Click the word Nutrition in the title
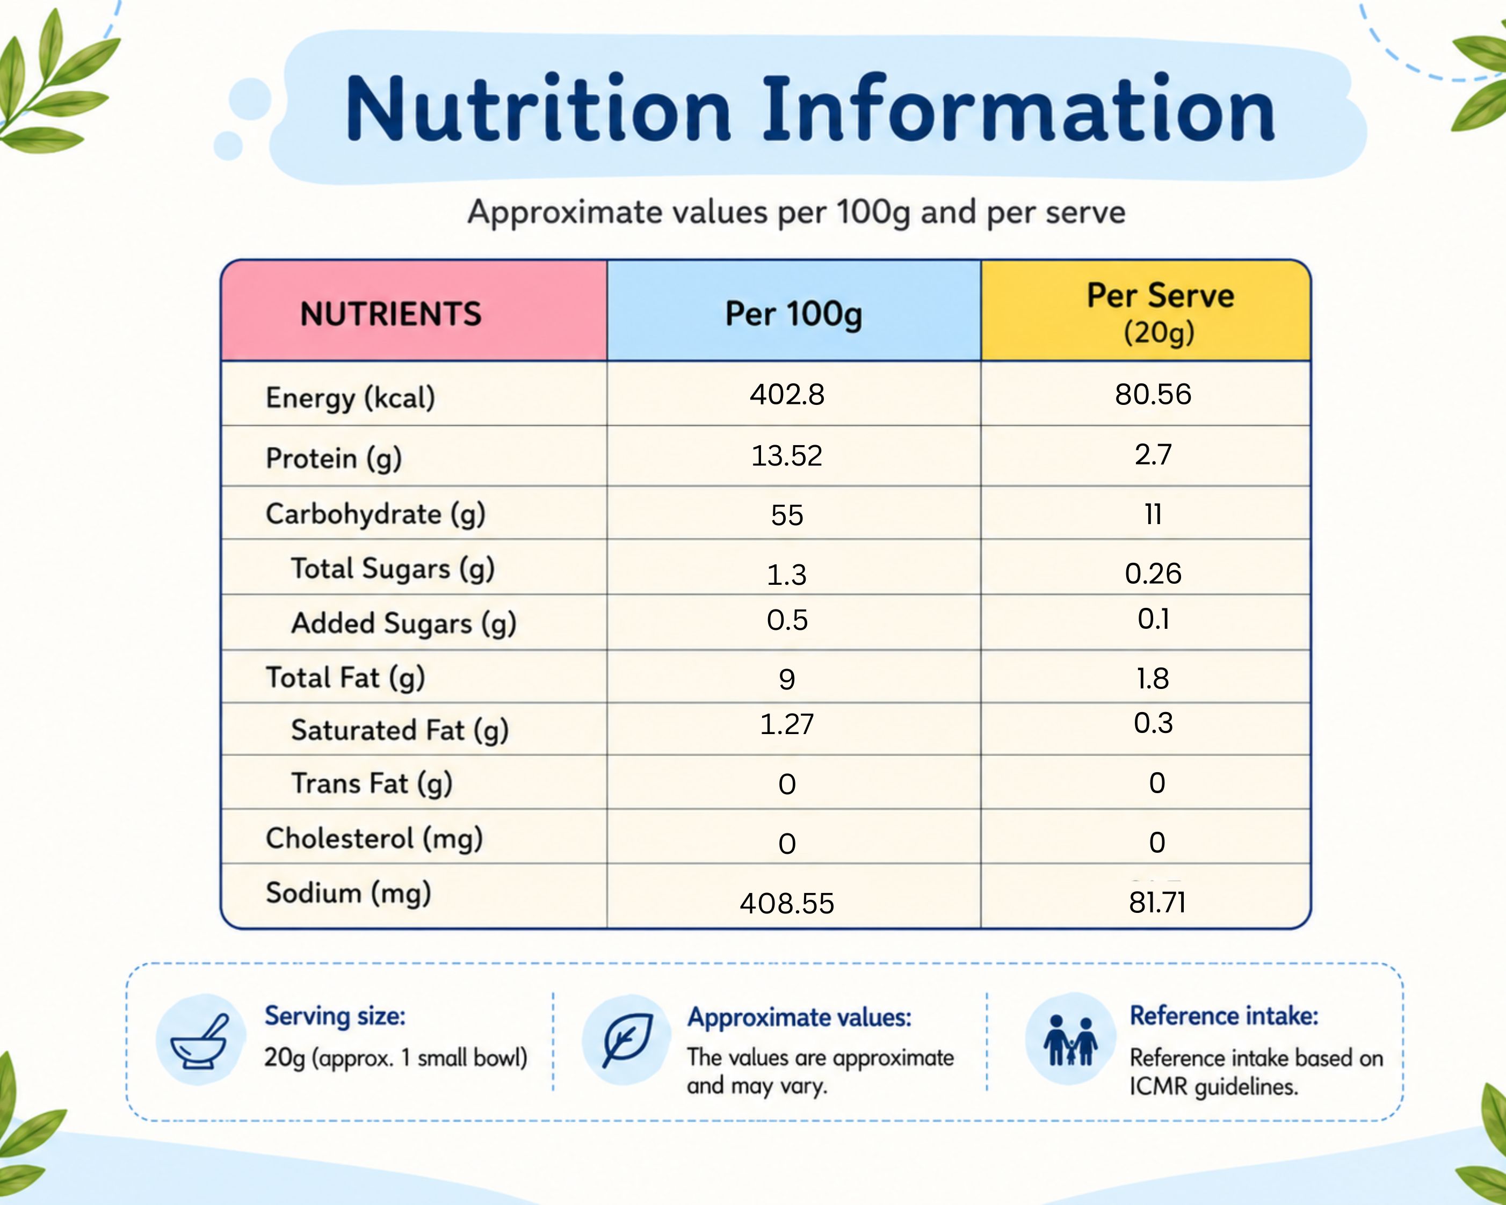pyautogui.click(x=539, y=109)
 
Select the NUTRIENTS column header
pyautogui.click(x=390, y=314)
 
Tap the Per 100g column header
pyautogui.click(x=793, y=314)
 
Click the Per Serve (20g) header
pyautogui.click(x=1160, y=313)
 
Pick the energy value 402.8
pyautogui.click(x=787, y=395)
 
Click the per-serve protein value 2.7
pyautogui.click(x=1153, y=455)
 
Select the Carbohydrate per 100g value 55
pyautogui.click(x=787, y=516)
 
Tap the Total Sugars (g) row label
pyautogui.click(x=393, y=569)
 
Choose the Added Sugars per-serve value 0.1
pyautogui.click(x=1153, y=619)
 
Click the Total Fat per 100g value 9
pyautogui.click(x=787, y=679)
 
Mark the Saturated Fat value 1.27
pyautogui.click(x=787, y=724)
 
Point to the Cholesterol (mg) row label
pyautogui.click(x=374, y=838)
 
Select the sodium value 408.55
pyautogui.click(x=787, y=903)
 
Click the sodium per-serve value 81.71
pyautogui.click(x=1157, y=903)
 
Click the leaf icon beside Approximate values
pyautogui.click(x=628, y=1040)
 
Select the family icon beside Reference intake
pyautogui.click(x=1070, y=1040)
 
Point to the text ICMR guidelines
pyautogui.click(x=1214, y=1087)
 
